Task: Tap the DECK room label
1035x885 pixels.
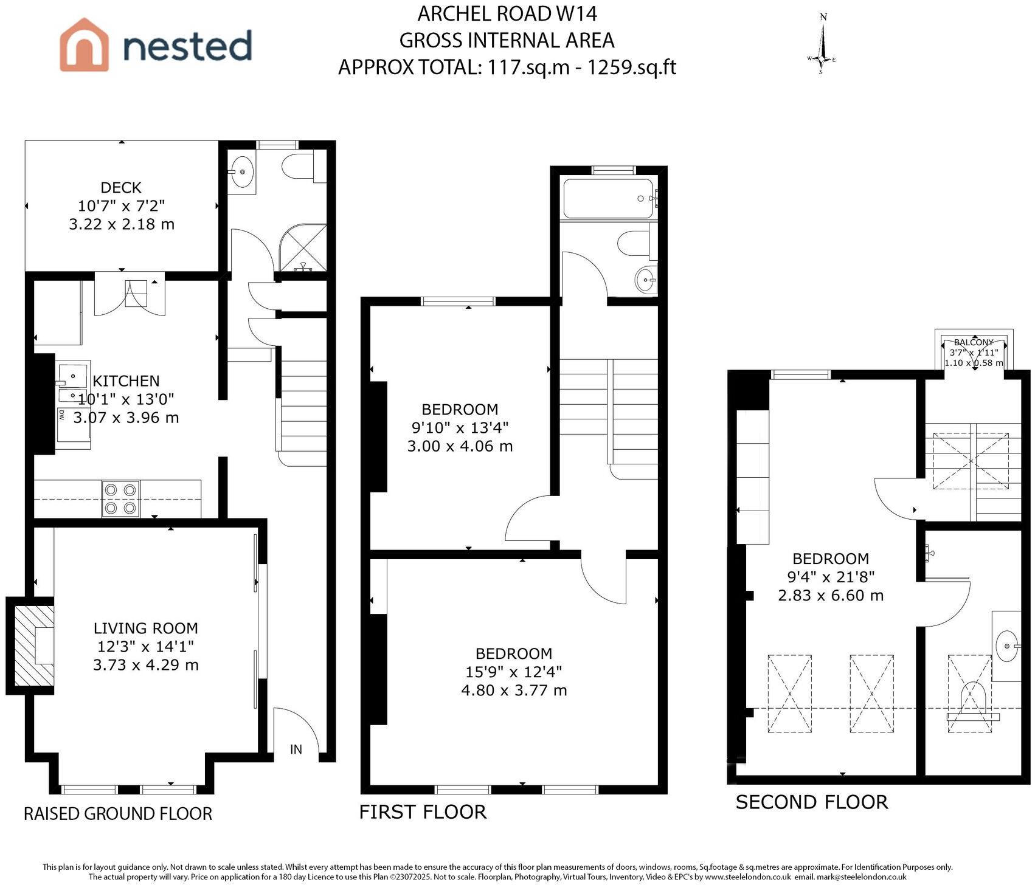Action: point(121,187)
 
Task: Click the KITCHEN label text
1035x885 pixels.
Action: point(126,381)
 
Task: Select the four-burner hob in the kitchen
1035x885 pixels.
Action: point(120,499)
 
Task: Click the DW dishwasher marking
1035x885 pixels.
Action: point(62,416)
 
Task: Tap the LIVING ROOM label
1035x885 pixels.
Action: point(145,628)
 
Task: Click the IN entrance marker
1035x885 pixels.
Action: point(296,749)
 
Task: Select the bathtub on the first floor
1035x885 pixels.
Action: point(608,198)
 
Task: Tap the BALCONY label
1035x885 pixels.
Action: point(974,342)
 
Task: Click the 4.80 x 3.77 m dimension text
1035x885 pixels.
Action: point(514,690)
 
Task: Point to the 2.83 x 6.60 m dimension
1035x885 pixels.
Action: point(830,595)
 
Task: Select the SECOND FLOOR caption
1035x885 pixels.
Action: point(812,802)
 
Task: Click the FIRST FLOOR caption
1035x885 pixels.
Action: point(423,812)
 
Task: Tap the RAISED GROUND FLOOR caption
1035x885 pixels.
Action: point(118,814)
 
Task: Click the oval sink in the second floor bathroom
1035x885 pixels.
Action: point(1008,646)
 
